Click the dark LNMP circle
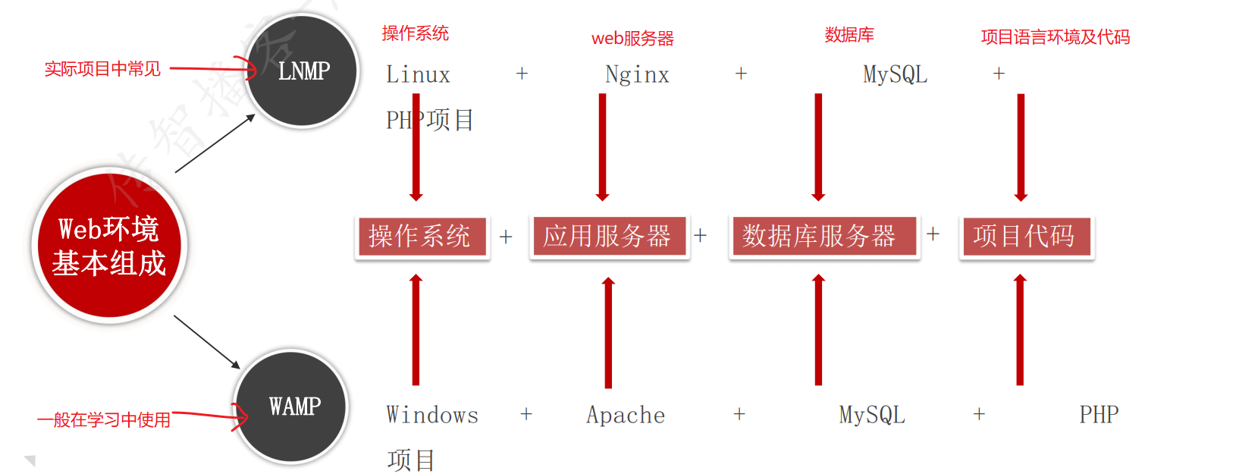point(303,71)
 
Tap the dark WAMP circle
point(292,407)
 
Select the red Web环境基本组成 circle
point(109,246)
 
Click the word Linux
point(418,74)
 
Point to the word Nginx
point(637,74)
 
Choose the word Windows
point(432,415)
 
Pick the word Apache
point(626,415)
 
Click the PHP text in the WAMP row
point(1099,415)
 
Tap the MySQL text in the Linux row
point(895,74)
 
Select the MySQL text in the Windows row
point(872,415)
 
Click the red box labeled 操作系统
point(422,237)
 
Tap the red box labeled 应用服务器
point(609,237)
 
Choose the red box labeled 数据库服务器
point(823,237)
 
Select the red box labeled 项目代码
point(1026,237)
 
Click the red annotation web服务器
point(632,39)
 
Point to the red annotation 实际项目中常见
point(102,69)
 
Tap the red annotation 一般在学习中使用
point(104,419)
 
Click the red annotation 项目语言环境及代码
point(1055,37)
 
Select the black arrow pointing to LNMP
point(215,143)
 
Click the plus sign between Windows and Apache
point(526,414)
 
